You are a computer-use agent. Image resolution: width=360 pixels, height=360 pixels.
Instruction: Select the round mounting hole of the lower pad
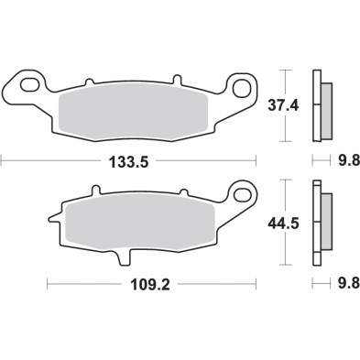pos(243,193)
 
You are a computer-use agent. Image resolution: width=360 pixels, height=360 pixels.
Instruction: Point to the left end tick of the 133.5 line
pos(2,160)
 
